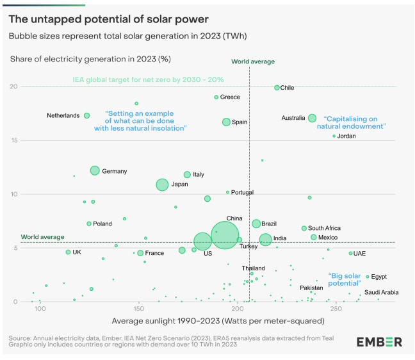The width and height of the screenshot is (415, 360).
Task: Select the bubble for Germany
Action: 95,170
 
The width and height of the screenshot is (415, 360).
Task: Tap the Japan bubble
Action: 162,184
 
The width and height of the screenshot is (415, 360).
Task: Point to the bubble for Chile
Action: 277,88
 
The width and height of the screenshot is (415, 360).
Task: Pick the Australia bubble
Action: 312,118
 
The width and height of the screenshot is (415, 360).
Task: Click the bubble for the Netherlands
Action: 86,116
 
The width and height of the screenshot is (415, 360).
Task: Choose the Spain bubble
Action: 226,122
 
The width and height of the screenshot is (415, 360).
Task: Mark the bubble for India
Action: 265,240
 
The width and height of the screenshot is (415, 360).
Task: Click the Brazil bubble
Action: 256,224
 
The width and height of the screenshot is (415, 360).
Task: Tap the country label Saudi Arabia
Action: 381,293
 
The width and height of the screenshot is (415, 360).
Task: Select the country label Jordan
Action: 346,136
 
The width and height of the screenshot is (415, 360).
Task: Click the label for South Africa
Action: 324,228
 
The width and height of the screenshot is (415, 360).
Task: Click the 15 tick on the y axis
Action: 14,140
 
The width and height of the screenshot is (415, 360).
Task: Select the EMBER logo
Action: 379,341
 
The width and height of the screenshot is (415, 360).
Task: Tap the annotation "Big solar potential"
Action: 344,279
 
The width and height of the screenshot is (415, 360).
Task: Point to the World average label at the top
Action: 253,61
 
